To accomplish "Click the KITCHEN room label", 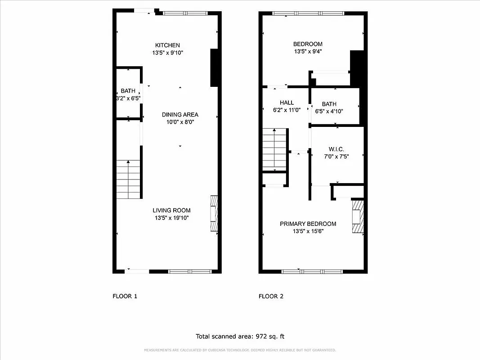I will click(x=167, y=45).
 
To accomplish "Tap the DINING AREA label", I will click(x=180, y=114).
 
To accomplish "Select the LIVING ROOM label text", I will click(x=171, y=210).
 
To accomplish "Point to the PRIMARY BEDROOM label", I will click(x=308, y=224).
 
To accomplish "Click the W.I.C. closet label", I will click(x=336, y=149).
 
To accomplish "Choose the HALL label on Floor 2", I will click(x=287, y=103).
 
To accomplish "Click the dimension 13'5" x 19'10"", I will click(x=171, y=218).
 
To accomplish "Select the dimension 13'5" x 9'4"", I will click(x=308, y=51).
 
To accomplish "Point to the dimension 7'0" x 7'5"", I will click(x=336, y=157).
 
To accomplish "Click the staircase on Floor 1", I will click(x=129, y=180).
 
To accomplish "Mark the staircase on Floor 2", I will click(x=274, y=149).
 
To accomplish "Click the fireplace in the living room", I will click(x=214, y=213).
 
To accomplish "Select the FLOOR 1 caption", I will click(x=125, y=296).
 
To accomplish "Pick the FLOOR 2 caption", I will click(x=271, y=296).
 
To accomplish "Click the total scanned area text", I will click(x=240, y=336).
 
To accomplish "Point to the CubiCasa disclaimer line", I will click(x=240, y=350).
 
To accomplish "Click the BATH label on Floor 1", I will click(x=128, y=91).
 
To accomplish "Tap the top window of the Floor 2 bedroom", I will click(x=308, y=13).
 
